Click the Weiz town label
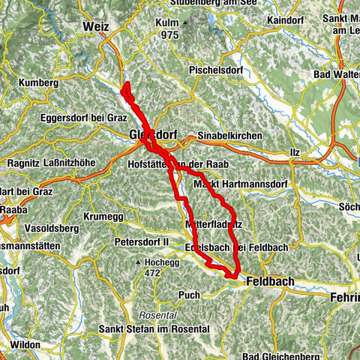coord(96,26)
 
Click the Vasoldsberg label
coord(31,224)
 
